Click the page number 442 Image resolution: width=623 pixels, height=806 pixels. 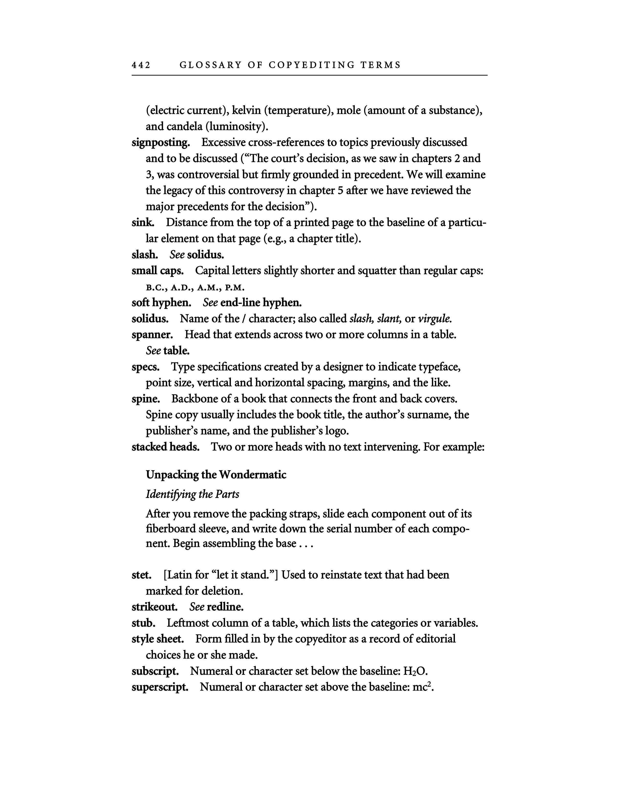click(141, 65)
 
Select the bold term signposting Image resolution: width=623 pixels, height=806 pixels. click(161, 142)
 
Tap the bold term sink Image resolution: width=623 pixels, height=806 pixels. click(142, 223)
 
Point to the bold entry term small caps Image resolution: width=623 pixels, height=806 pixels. click(157, 271)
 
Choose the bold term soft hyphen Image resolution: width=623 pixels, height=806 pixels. click(161, 303)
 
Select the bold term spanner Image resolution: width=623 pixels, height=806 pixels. click(152, 335)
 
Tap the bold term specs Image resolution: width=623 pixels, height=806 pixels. click(145, 367)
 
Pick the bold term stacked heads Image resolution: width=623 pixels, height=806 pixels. click(165, 447)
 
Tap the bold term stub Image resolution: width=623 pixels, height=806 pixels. click(143, 623)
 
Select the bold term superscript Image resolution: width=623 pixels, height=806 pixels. click(160, 687)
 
